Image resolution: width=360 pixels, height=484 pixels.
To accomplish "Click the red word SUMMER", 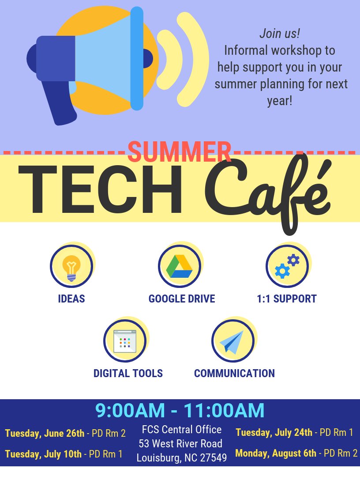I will pos(179,152).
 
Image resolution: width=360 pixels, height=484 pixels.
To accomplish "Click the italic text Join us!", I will pos(280,34).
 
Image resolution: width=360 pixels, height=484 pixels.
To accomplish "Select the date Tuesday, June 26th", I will pos(45,433).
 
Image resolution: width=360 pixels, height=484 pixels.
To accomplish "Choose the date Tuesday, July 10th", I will pos(43,454).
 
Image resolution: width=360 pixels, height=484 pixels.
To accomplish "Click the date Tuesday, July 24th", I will pos(274,432).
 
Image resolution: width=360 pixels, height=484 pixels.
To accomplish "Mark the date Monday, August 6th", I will pos(276,453).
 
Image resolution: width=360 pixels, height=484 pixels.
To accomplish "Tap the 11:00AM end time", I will pos(224,411).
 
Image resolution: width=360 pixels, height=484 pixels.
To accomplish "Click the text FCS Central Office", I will pos(182,429).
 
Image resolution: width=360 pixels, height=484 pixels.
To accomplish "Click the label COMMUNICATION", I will pos(234,373).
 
